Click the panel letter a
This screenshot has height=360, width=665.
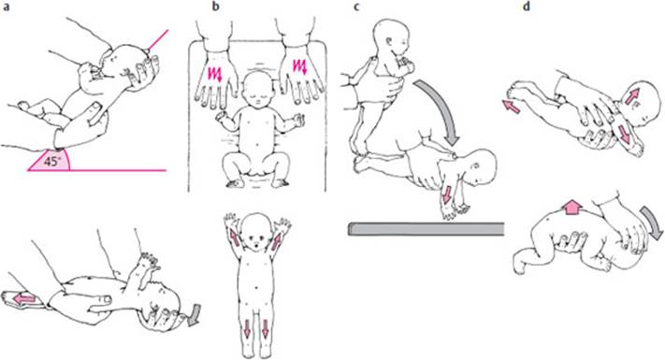pos(7,7)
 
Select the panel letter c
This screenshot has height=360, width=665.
pos(356,7)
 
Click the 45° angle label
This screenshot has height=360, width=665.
pos(51,162)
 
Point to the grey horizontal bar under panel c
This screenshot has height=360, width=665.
pos(426,229)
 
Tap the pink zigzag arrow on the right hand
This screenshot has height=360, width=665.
pos(300,68)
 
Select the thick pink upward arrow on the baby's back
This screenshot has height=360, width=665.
pos(572,208)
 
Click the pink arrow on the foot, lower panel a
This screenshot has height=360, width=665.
pos(24,298)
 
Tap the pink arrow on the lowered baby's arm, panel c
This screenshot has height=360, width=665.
pos(446,194)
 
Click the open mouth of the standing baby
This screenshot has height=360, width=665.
pos(255,245)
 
